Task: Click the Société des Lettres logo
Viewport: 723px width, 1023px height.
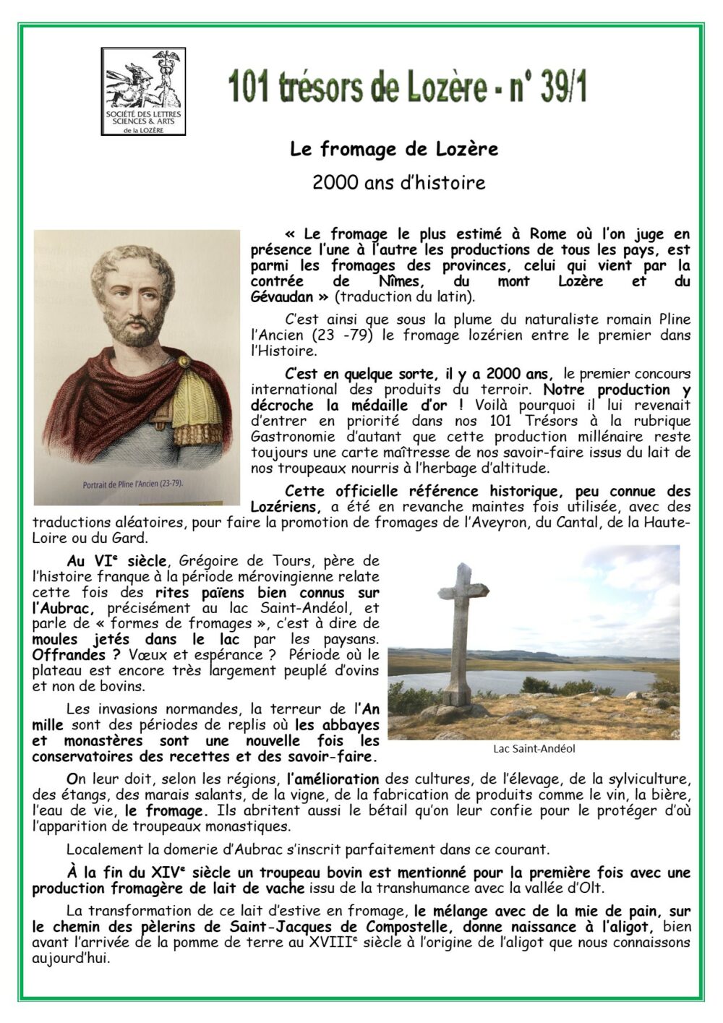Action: coord(143,91)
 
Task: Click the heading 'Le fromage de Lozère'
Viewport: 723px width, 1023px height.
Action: coord(394,150)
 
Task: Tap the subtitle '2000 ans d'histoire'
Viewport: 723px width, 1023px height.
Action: coord(398,183)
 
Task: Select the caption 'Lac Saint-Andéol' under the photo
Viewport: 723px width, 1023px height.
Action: coord(534,749)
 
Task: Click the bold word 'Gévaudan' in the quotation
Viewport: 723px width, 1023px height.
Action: coord(282,297)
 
